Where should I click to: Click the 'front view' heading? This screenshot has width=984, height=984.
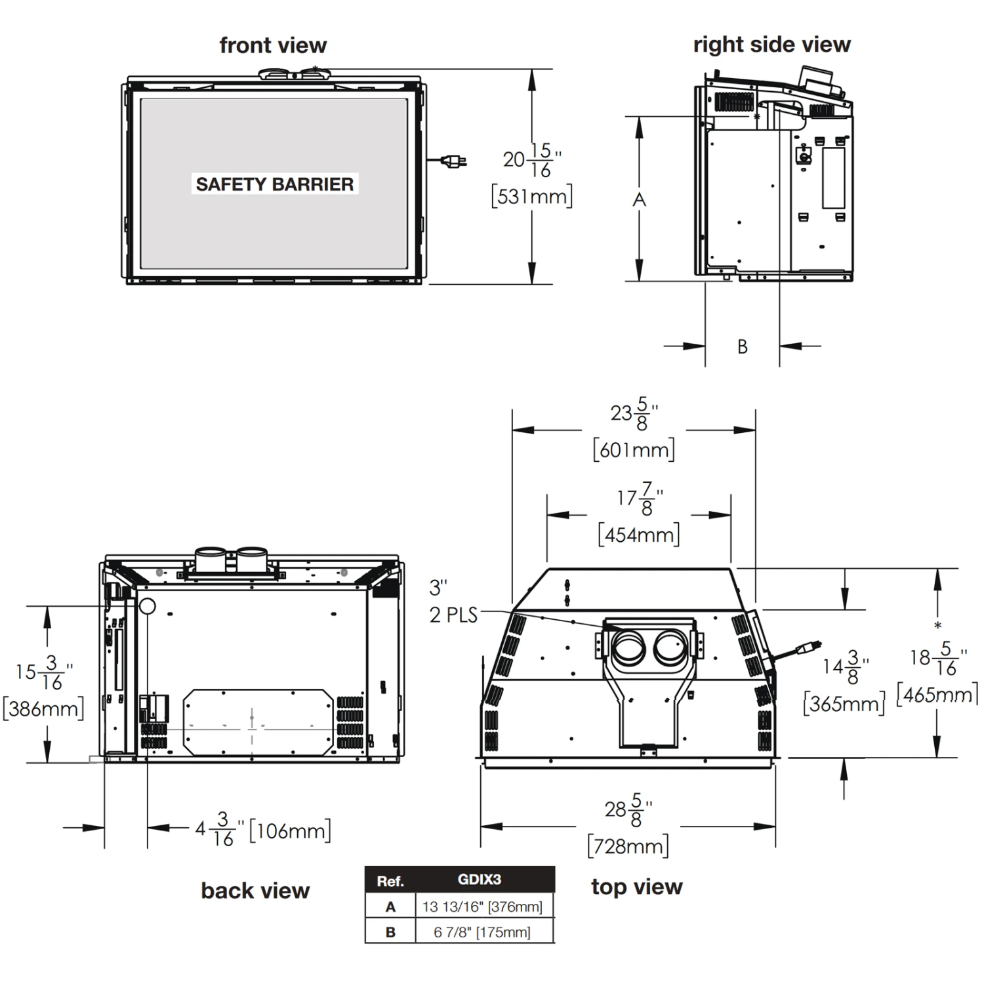[273, 45]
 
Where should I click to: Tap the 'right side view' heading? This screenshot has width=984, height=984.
[771, 44]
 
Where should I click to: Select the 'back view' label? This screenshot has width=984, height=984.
[255, 890]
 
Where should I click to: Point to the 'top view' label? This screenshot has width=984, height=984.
[636, 886]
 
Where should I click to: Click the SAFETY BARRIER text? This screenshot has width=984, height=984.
[274, 184]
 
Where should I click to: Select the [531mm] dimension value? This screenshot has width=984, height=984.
[531, 196]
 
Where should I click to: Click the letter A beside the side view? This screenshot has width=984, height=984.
[639, 199]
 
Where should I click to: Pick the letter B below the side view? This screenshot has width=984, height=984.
[743, 346]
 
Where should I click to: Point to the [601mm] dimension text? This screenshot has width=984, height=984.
[634, 450]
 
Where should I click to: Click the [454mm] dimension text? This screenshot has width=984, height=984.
[639, 535]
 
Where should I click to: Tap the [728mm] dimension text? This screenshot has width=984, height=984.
[628, 846]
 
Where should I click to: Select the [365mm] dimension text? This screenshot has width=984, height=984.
[844, 704]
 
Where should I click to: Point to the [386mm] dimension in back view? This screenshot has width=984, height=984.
[43, 708]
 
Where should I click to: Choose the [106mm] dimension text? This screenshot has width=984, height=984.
[290, 830]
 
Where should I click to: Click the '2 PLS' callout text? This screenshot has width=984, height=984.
[453, 615]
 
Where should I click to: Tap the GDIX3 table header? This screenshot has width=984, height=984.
[479, 880]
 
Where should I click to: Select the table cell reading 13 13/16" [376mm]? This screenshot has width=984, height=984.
[482, 907]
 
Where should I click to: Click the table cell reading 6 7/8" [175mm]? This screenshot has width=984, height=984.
[482, 932]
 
